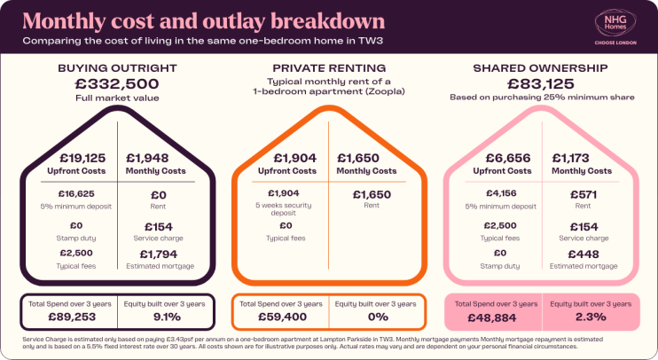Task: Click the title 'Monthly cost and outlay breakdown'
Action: pyautogui.click(x=204, y=20)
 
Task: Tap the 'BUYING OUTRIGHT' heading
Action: pyautogui.click(x=118, y=67)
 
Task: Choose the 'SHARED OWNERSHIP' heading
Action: pyautogui.click(x=541, y=67)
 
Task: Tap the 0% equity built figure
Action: pyautogui.click(x=378, y=317)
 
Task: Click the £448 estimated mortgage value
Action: pyautogui.click(x=582, y=255)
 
